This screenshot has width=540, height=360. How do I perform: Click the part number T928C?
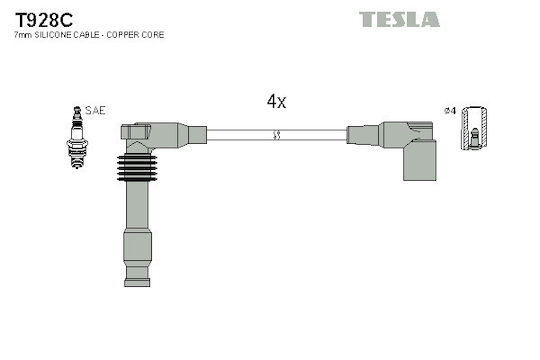pos(44,20)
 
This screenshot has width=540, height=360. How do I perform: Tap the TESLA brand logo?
pos(399,19)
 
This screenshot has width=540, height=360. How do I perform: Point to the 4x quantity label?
pos(276,101)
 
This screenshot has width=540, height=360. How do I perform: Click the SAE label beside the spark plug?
pos(95,110)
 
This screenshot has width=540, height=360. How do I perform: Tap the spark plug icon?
pos(77,137)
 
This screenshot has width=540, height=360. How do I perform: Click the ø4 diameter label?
pos(450,111)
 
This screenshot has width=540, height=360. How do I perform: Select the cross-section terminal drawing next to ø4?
pos(474,128)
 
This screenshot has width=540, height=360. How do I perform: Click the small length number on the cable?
pos(276,135)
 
